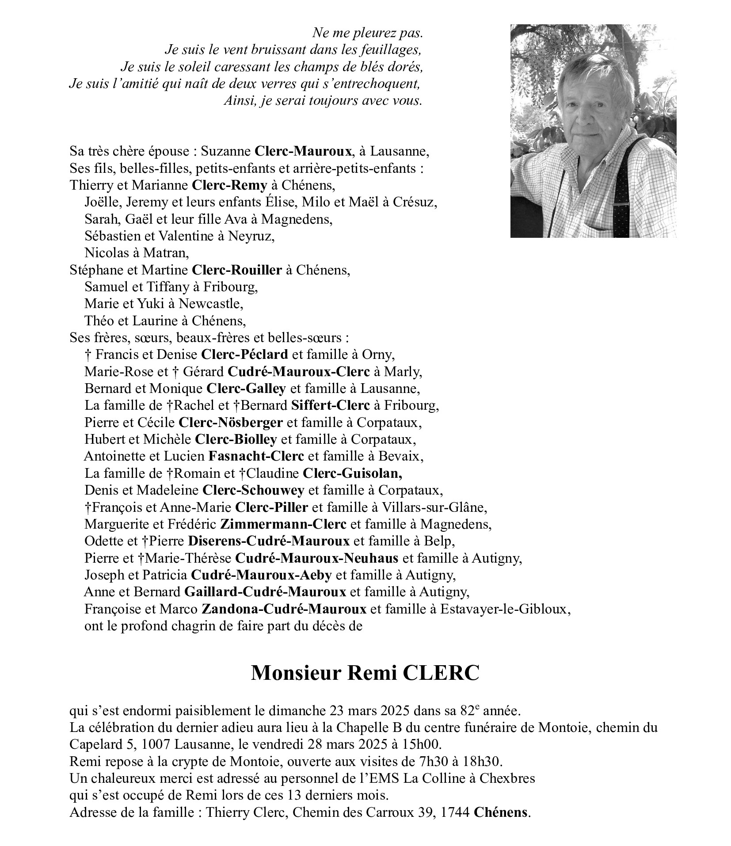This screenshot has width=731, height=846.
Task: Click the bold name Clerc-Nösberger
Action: pos(230,423)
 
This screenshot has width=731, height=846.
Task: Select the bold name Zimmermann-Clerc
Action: pos(283,524)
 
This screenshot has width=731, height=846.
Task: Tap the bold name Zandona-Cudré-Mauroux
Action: pos(284,609)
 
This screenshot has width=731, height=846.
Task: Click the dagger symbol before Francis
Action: pos(88,355)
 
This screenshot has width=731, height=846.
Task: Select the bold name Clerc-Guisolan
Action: pos(352,473)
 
